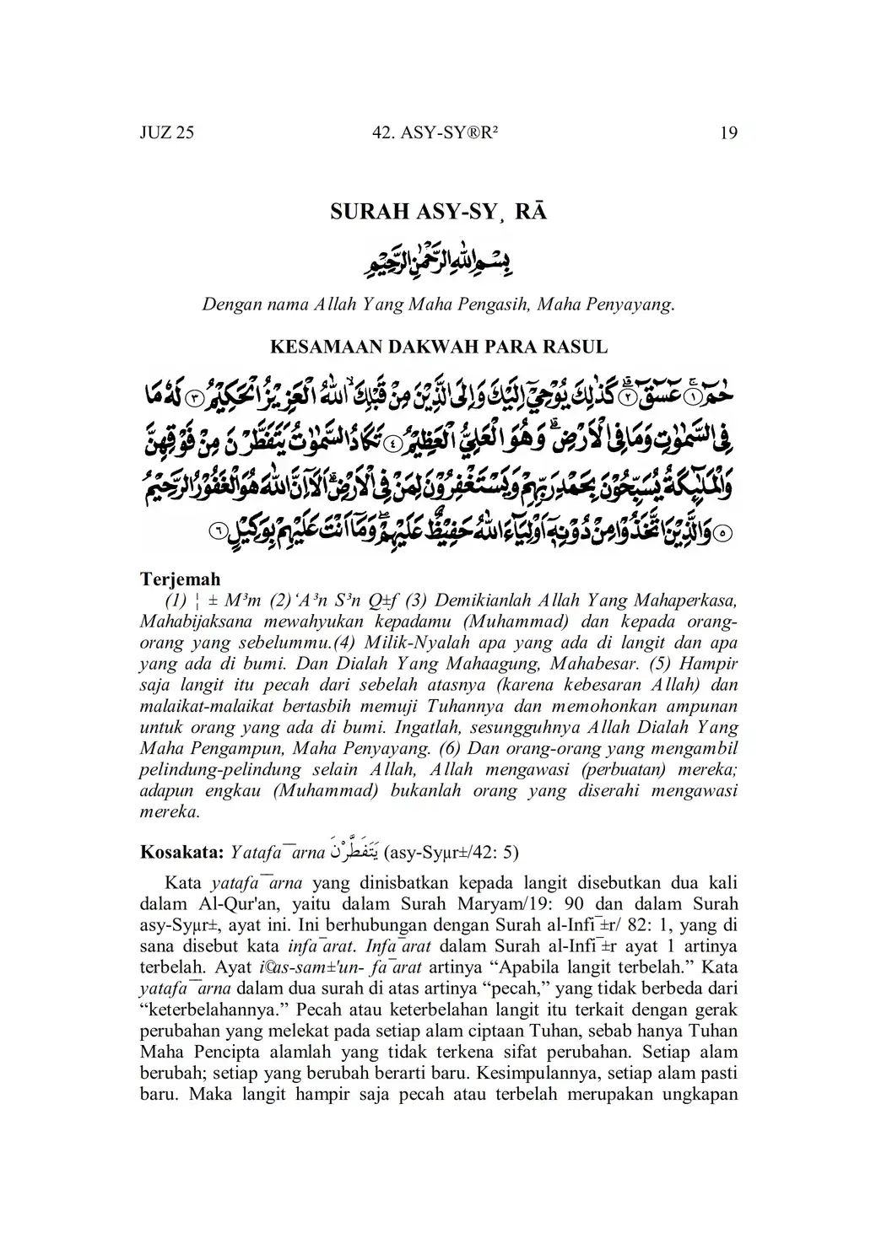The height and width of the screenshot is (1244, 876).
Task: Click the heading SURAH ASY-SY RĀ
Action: click(x=438, y=212)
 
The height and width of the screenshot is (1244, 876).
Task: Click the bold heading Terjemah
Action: click(x=180, y=579)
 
